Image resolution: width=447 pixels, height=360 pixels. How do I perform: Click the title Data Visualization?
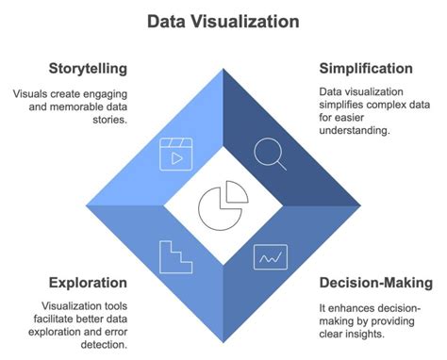223,20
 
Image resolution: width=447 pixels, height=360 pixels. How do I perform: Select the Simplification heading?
365,69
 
